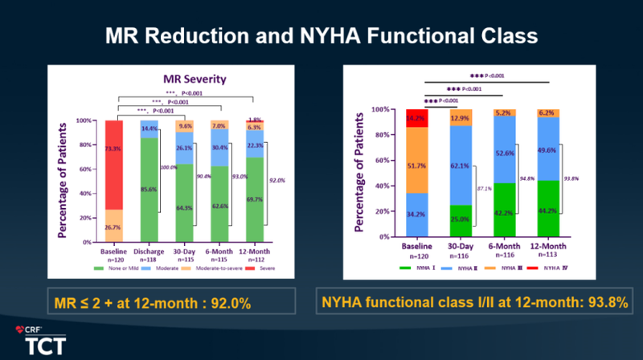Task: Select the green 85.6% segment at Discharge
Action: [x=148, y=189]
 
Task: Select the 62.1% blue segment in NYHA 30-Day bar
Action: [x=459, y=164]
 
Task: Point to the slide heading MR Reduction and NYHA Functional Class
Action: [x=321, y=36]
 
